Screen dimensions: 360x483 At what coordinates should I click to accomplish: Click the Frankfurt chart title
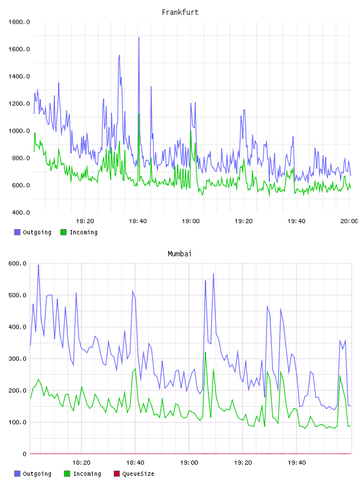(x=180, y=12)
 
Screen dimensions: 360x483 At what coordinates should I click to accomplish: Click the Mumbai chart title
(x=179, y=254)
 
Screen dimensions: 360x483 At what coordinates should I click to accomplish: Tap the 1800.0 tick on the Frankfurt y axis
(x=19, y=22)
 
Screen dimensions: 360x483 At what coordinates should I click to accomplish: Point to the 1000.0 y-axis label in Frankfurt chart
(x=19, y=131)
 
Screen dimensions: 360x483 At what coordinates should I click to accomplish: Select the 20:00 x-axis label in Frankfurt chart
(x=349, y=221)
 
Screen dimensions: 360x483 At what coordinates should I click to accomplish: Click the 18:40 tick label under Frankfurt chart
(x=138, y=221)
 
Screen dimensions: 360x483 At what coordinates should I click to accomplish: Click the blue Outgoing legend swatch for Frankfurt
(x=17, y=232)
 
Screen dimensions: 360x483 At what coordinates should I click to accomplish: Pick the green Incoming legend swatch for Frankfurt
(x=63, y=232)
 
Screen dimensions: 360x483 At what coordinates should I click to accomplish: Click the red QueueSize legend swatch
(x=117, y=474)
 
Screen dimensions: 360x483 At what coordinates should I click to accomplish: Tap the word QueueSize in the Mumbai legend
(x=138, y=474)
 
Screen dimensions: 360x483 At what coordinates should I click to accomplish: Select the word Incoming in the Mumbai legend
(x=87, y=474)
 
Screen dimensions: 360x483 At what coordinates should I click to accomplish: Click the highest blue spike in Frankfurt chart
(x=139, y=37)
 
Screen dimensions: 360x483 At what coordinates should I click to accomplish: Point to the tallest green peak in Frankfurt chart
(x=139, y=114)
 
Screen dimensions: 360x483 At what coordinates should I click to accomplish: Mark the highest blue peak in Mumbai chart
(x=38, y=265)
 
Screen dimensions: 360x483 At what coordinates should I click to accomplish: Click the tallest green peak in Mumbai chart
(x=205, y=353)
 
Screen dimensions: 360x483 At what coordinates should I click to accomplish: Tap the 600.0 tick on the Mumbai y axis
(x=18, y=263)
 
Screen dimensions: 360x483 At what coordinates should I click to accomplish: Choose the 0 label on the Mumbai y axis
(x=25, y=454)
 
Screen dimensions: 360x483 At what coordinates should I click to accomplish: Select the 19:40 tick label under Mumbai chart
(x=297, y=463)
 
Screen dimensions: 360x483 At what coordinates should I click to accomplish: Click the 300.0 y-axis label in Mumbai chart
(x=18, y=359)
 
